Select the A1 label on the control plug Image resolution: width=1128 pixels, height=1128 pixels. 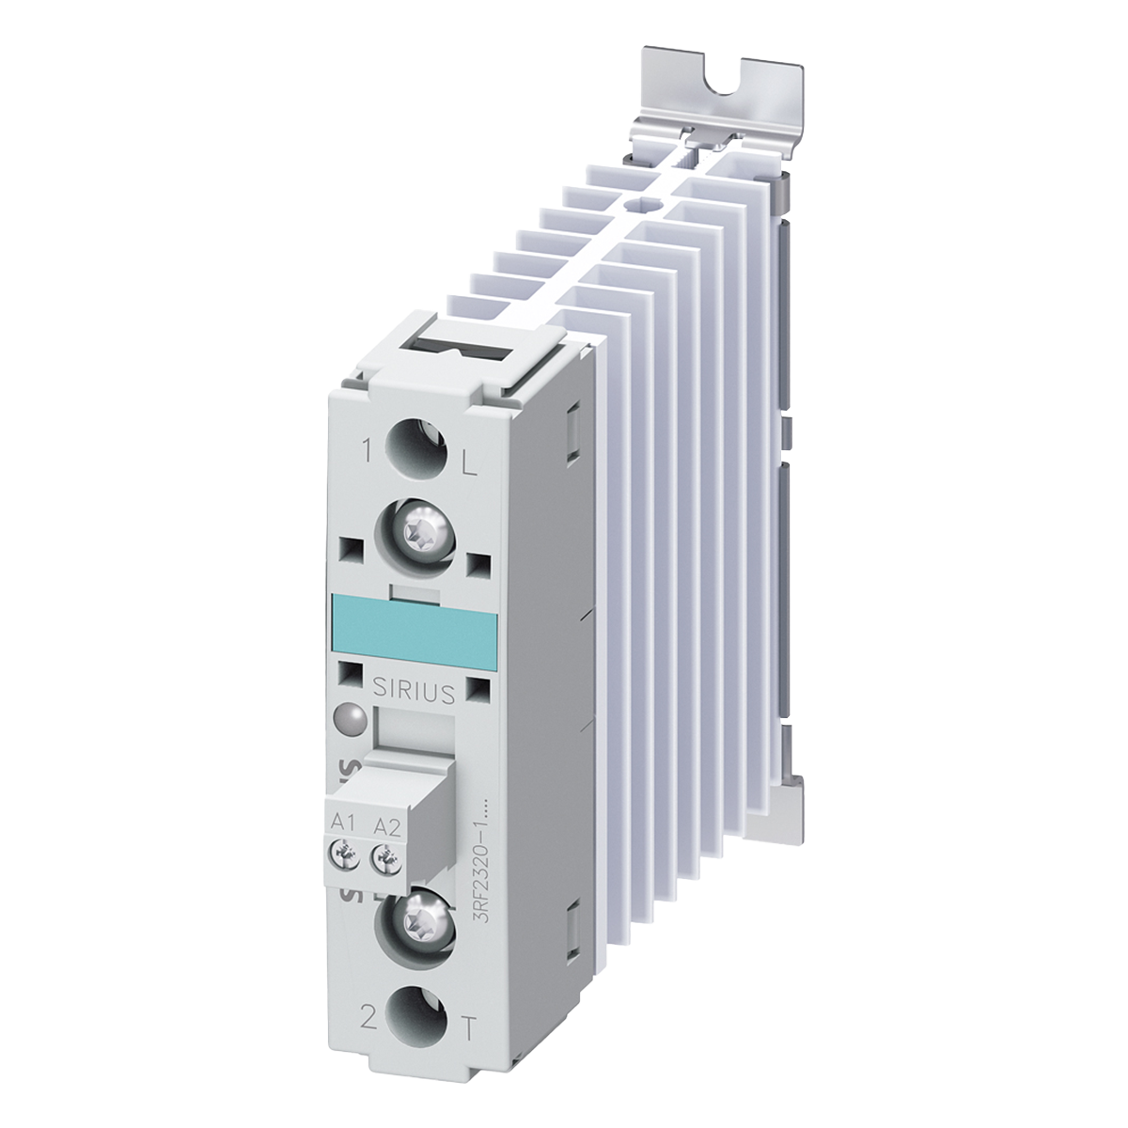point(342,823)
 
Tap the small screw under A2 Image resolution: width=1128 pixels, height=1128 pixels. point(382,856)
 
